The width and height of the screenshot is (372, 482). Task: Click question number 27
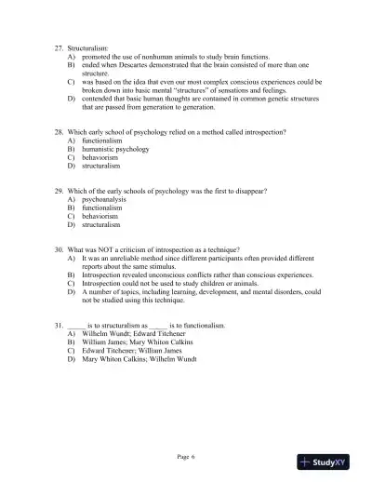point(60,44)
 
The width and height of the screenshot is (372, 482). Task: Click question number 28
point(60,134)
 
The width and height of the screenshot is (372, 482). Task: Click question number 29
point(60,191)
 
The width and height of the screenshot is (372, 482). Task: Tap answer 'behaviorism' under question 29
point(101,216)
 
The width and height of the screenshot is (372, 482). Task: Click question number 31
point(60,324)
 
